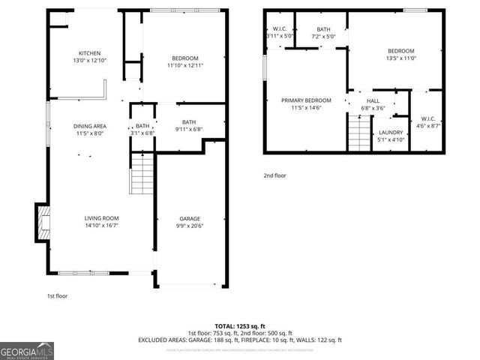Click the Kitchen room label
click(90, 53)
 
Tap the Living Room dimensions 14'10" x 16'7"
click(100, 225)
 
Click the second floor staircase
click(361, 133)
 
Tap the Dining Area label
click(89, 126)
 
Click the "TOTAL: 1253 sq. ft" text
click(239, 325)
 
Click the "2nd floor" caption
click(274, 175)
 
